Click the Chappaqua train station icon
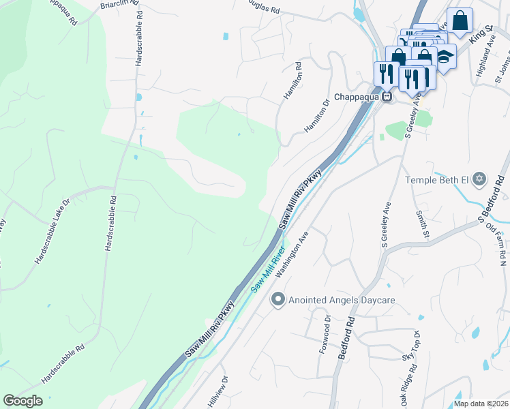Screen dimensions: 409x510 click(x=387, y=97)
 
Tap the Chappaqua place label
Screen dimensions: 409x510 click(x=355, y=97)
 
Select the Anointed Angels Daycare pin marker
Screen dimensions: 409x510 click(x=277, y=299)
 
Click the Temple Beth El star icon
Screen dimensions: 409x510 click(x=479, y=179)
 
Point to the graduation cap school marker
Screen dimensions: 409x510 click(x=445, y=57)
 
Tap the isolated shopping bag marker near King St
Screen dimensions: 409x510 click(x=460, y=21)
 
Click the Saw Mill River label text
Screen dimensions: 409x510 click(x=268, y=270)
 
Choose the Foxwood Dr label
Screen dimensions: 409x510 click(x=325, y=334)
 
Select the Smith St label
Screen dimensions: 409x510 click(x=421, y=224)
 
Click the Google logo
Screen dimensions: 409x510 click(x=22, y=401)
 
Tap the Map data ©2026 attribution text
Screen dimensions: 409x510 click(x=481, y=404)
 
